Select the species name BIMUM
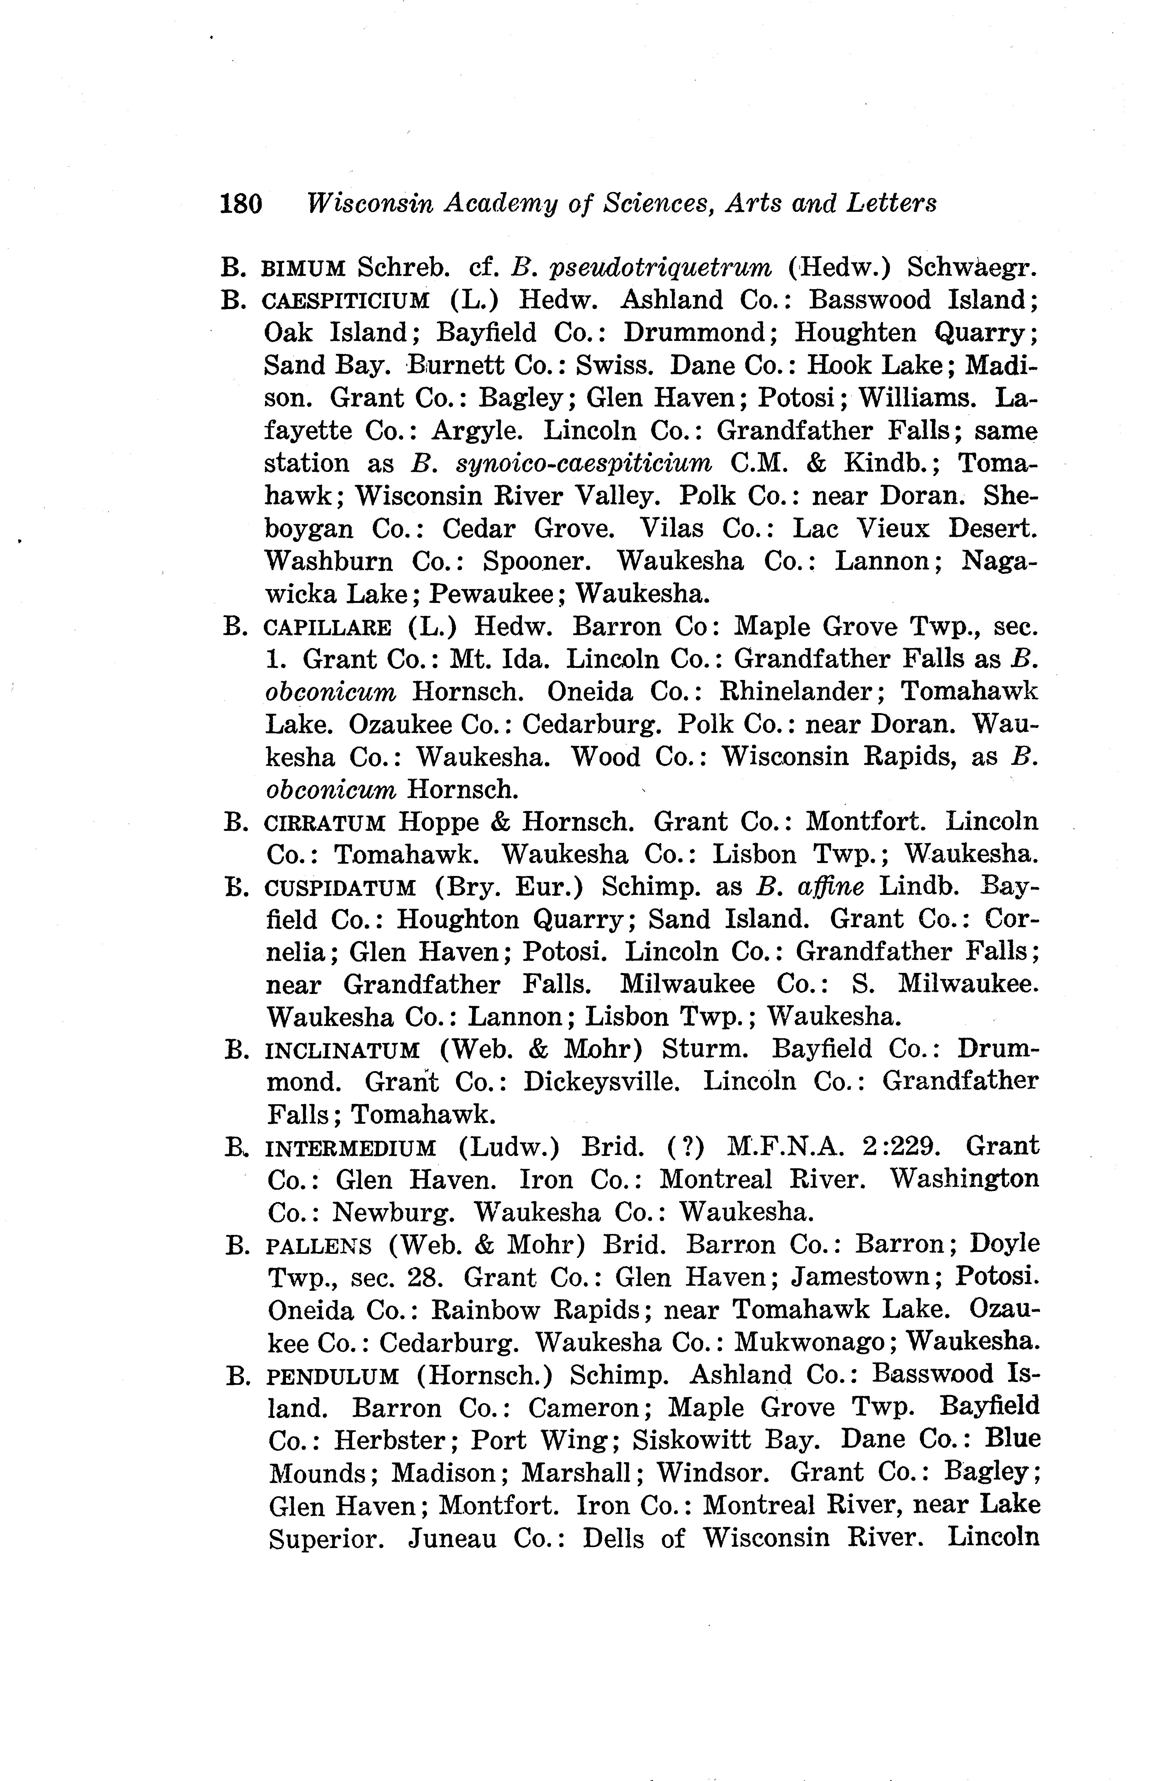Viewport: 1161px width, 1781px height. pyautogui.click(x=304, y=268)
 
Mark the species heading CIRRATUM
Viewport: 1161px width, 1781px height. pyautogui.click(x=325, y=823)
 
